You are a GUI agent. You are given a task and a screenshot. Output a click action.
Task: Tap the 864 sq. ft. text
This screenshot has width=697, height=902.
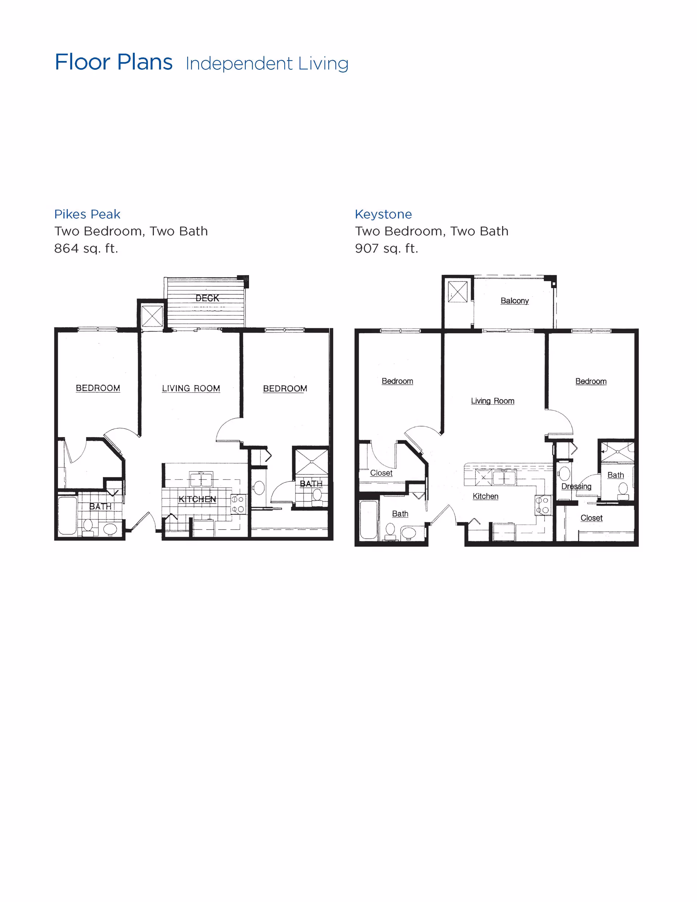tap(86, 248)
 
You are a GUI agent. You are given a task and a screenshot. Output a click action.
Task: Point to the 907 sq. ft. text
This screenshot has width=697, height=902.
tap(386, 248)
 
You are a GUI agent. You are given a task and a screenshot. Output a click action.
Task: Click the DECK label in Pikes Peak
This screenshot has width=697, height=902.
tap(207, 298)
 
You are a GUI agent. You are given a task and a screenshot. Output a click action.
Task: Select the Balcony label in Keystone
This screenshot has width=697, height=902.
tap(514, 301)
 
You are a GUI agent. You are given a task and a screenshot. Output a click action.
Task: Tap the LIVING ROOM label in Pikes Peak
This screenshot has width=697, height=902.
tap(191, 388)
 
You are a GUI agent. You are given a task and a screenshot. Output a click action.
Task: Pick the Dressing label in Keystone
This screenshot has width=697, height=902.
tap(576, 486)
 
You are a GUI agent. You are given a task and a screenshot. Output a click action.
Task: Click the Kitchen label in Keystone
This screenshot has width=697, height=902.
tap(485, 496)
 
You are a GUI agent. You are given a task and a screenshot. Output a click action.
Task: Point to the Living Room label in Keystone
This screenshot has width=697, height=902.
tap(493, 401)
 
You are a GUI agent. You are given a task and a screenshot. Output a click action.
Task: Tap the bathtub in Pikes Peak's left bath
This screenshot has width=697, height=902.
tap(68, 515)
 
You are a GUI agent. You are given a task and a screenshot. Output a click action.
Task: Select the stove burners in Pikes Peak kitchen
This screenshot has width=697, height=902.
tap(238, 504)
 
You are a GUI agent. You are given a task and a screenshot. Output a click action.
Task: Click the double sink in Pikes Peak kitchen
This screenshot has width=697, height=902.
tap(201, 479)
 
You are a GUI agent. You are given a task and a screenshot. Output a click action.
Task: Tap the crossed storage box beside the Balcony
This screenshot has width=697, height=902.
tap(458, 291)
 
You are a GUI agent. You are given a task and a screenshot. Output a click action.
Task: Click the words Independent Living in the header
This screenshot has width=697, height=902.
tap(267, 64)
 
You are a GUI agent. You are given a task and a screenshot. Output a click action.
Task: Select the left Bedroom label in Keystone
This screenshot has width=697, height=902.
tap(397, 381)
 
